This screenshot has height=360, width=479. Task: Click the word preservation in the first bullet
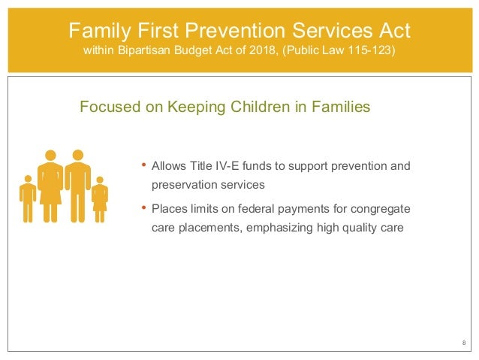185,183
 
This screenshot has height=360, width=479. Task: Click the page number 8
462,343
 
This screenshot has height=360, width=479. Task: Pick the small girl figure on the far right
100,199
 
